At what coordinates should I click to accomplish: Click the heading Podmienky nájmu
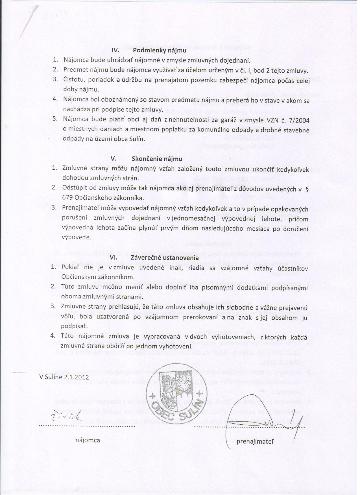[x=160, y=51]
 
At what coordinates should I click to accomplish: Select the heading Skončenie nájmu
[x=157, y=158]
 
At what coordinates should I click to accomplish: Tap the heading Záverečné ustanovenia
[x=165, y=258]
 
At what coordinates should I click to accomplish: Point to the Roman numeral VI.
[x=114, y=258]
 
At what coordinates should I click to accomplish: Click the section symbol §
[x=307, y=189]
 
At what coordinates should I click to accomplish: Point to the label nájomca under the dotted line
[x=88, y=440]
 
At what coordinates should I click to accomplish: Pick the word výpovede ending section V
[x=76, y=237]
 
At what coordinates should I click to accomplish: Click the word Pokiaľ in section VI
[x=71, y=267]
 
